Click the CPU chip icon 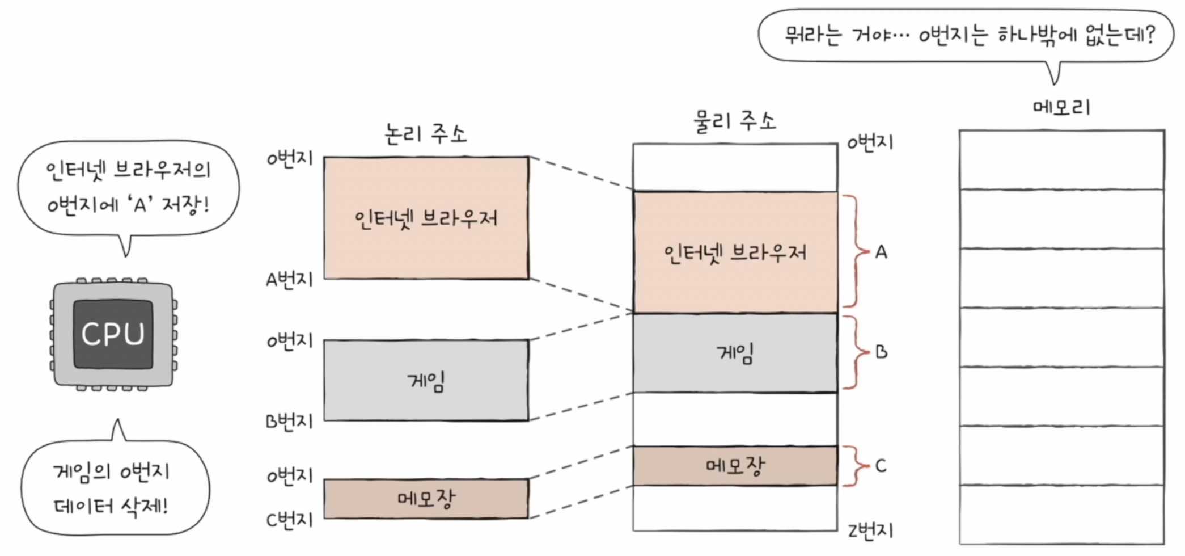pos(113,334)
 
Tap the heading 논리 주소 pos(425,134)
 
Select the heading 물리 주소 pos(734,121)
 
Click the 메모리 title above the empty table pos(1061,107)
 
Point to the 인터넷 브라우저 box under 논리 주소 pos(426,218)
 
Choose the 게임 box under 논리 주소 pos(426,381)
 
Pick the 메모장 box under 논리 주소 pos(426,499)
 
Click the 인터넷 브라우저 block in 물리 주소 pos(735,252)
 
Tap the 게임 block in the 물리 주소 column pos(735,353)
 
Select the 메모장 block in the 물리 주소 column pos(735,466)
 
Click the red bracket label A pos(881,252)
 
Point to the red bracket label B pos(881,352)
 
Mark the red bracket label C pos(881,466)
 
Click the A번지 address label pos(289,279)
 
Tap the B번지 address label pos(289,422)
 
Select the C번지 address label pos(289,520)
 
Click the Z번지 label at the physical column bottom pos(870,530)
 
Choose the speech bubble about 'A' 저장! pos(128,187)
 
